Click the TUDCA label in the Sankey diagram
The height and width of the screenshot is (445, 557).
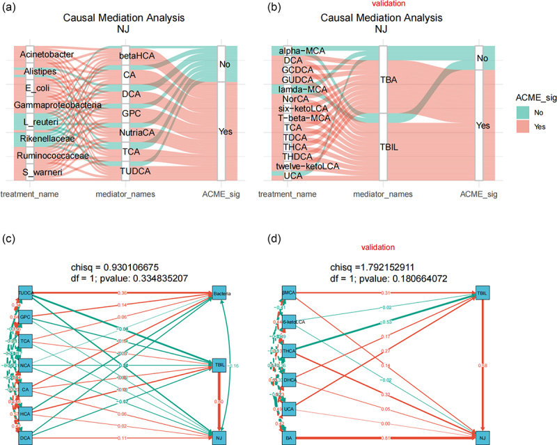click(x=137, y=170)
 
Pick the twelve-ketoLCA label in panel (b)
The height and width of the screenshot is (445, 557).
click(x=308, y=166)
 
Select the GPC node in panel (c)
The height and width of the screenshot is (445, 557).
click(x=25, y=316)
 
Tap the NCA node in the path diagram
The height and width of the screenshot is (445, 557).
click(x=25, y=365)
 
